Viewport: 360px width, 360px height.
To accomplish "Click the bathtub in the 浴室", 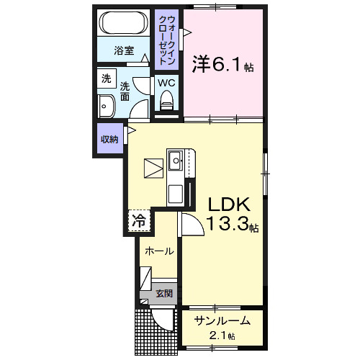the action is [x=123, y=22].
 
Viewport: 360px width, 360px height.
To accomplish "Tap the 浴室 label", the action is [x=124, y=50].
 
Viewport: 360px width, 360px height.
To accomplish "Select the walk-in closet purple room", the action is [x=166, y=40].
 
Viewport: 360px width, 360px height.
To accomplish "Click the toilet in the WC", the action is [x=166, y=100].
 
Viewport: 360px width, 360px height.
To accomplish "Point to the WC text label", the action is [x=166, y=83].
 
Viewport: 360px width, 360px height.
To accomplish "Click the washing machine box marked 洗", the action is [x=107, y=78].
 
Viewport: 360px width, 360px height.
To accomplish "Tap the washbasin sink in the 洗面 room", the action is [x=107, y=106].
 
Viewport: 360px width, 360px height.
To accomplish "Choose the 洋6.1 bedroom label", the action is [x=222, y=65].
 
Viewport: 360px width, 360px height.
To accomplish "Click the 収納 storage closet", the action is [x=109, y=139].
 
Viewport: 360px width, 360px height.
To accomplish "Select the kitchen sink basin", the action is [x=176, y=161].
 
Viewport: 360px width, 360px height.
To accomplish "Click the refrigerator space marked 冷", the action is [x=139, y=220].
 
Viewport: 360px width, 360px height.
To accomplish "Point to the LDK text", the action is [x=230, y=204].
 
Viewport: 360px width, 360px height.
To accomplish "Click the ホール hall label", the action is [x=159, y=251].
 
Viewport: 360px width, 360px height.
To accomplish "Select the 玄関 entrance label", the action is [x=164, y=293].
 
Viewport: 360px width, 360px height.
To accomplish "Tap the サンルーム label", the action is [x=222, y=320].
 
